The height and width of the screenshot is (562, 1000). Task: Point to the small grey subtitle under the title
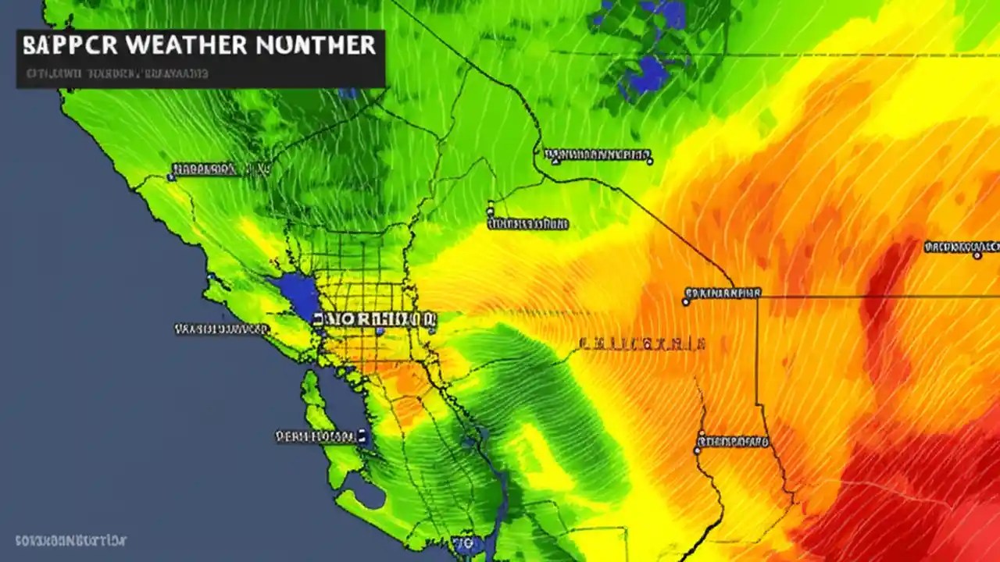117,74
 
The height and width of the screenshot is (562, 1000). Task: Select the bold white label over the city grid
374,319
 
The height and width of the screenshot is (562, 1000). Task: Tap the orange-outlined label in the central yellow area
643,343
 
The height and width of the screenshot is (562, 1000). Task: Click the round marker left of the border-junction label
686,301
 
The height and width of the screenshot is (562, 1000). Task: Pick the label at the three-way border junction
723,293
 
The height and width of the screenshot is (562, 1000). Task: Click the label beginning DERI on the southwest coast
317,436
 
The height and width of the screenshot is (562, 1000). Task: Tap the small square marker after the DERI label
363,436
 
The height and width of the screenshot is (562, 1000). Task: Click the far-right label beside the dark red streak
962,247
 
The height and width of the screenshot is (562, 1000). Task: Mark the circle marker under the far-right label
977,255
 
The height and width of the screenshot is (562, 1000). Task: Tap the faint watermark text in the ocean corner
70,540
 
